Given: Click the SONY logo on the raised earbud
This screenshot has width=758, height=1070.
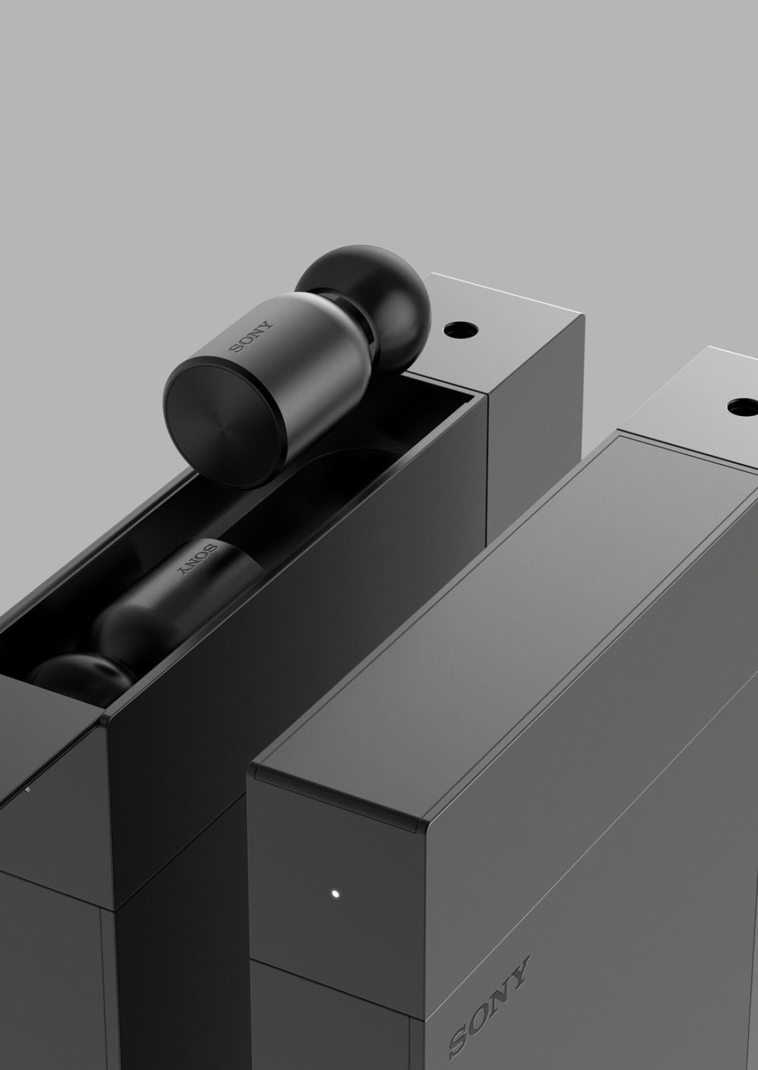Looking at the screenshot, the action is click(x=251, y=336).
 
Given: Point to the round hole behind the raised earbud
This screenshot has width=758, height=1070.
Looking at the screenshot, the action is click(x=461, y=329).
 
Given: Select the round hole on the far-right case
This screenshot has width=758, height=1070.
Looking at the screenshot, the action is click(x=743, y=406).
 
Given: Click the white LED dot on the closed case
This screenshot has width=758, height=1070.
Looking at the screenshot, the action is click(x=335, y=892).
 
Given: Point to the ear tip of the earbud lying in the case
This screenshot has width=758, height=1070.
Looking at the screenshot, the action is click(x=81, y=673).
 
